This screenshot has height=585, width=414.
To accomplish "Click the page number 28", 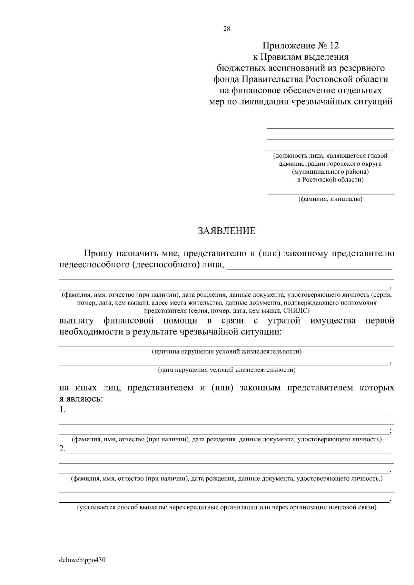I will pos(227,29).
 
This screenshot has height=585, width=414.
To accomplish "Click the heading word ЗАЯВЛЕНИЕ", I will pos(226,231).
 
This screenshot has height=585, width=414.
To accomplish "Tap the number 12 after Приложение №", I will pos(334,45).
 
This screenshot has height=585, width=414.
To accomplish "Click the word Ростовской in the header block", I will pos(327,79).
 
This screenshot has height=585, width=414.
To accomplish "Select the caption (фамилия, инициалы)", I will pos(330,199).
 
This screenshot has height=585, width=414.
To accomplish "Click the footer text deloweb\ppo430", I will pos(82,560).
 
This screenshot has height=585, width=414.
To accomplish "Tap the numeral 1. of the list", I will pos(62,410).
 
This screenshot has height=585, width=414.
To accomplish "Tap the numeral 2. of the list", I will pos(62,449).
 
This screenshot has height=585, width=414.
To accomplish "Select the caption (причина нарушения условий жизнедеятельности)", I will pos(227,352).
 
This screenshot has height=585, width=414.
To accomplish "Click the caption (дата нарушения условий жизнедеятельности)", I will pos(227,370).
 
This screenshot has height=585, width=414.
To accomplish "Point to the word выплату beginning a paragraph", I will pos(76,321).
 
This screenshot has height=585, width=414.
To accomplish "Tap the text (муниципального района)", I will pos(330,172).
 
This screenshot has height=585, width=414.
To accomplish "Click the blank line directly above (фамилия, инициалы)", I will pos(331,194).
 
